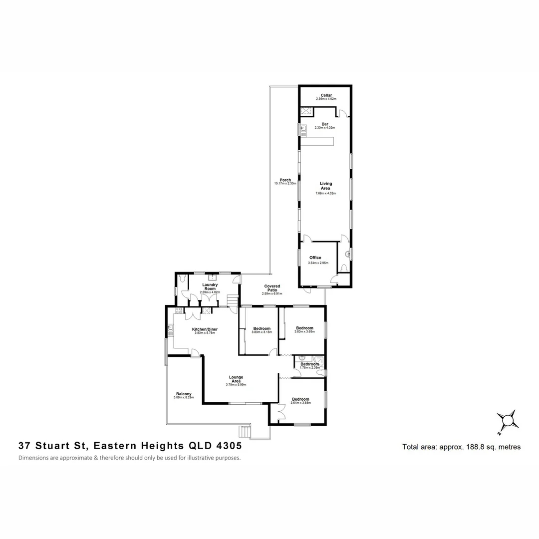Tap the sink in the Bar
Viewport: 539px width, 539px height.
pyautogui.click(x=302, y=130)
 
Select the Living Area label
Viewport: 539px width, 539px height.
pyautogui.click(x=326, y=186)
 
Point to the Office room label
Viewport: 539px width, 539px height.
pyautogui.click(x=315, y=258)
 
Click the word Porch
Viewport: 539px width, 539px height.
pyautogui.click(x=285, y=180)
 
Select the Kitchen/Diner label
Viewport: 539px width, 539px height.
pyautogui.click(x=205, y=329)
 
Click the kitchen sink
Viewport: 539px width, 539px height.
pyautogui.click(x=171, y=328)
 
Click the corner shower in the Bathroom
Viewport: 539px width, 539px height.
pyautogui.click(x=318, y=359)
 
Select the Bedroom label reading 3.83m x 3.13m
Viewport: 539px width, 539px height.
pyautogui.click(x=262, y=328)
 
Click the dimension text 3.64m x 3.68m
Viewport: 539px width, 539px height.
pyautogui.click(x=300, y=403)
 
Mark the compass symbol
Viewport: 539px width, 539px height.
pyautogui.click(x=508, y=419)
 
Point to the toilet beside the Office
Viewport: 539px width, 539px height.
pyautogui.click(x=343, y=268)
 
